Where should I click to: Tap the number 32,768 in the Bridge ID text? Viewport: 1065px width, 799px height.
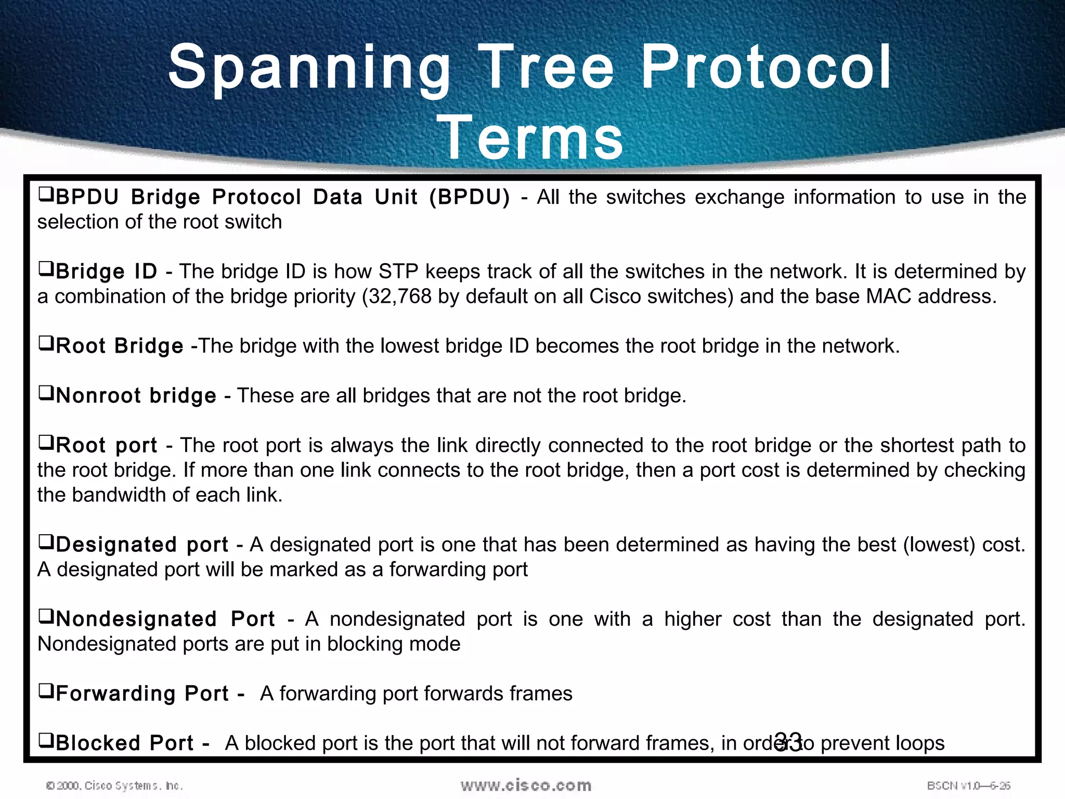click(x=397, y=297)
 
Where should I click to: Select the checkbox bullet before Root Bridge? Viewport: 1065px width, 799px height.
click(x=46, y=344)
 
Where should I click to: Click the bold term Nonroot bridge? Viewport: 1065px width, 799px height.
click(x=136, y=396)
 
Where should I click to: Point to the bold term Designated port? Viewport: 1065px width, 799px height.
click(x=142, y=545)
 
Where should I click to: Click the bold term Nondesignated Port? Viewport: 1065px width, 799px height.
click(x=165, y=619)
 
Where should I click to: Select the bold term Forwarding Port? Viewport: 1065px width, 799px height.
click(x=142, y=694)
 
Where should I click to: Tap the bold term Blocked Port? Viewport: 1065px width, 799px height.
click(x=125, y=743)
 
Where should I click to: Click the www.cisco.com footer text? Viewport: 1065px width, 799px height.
click(x=526, y=785)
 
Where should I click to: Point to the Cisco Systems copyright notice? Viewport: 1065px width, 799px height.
click(x=114, y=785)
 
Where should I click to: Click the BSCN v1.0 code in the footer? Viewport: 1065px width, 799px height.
click(x=968, y=785)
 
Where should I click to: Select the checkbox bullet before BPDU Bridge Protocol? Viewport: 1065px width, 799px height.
click(x=46, y=195)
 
